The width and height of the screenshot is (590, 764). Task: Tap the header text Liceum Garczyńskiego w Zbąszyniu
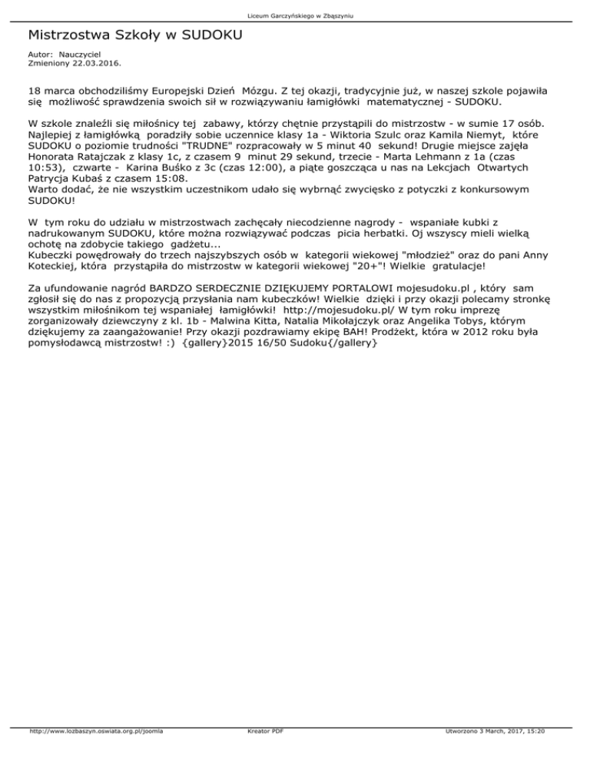pos(295,15)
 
